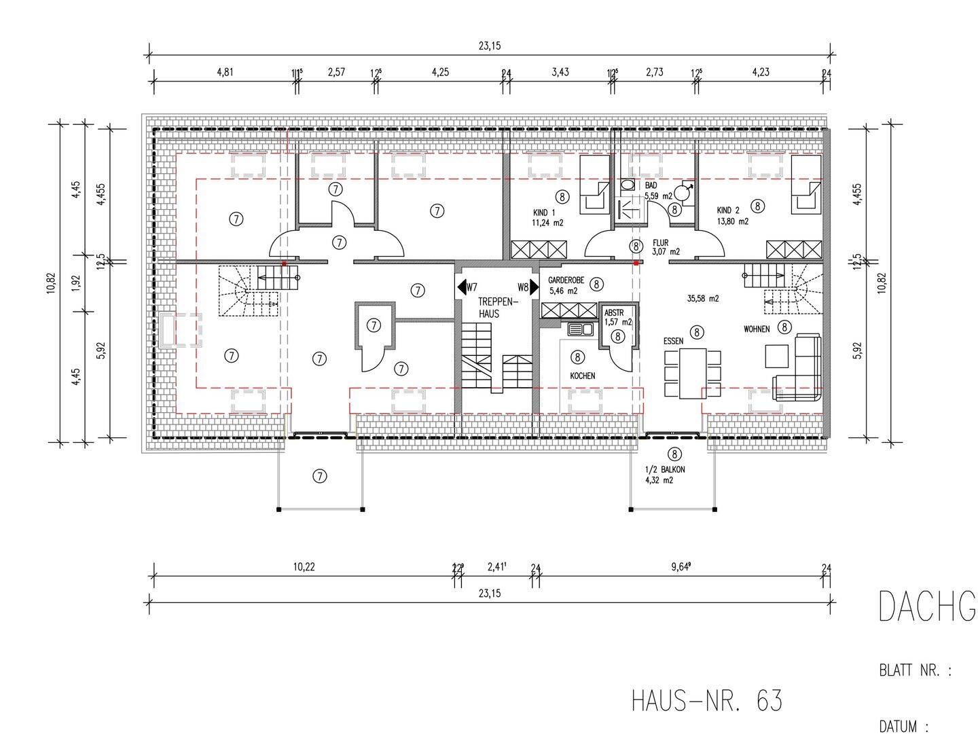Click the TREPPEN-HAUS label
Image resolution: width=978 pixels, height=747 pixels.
(x=498, y=308)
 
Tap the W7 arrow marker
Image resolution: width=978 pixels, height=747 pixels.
(x=467, y=287)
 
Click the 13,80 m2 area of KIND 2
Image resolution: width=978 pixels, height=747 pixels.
(x=733, y=221)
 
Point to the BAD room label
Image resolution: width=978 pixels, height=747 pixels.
(x=651, y=185)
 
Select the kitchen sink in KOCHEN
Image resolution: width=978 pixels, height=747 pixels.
(x=581, y=329)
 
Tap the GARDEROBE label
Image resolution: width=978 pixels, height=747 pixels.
(x=566, y=280)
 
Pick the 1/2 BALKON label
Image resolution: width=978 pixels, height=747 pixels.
(x=665, y=470)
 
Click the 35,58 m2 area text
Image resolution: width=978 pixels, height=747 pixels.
(x=702, y=299)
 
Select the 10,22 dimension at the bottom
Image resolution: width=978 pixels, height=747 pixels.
(x=304, y=567)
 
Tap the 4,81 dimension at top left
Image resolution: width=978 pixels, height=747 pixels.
(x=225, y=72)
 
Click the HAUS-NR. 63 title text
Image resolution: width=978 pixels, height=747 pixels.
(x=706, y=701)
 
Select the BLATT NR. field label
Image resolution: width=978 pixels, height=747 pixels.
(x=915, y=671)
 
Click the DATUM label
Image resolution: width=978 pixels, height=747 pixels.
(x=904, y=727)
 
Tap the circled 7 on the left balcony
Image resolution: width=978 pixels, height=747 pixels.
(x=319, y=477)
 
